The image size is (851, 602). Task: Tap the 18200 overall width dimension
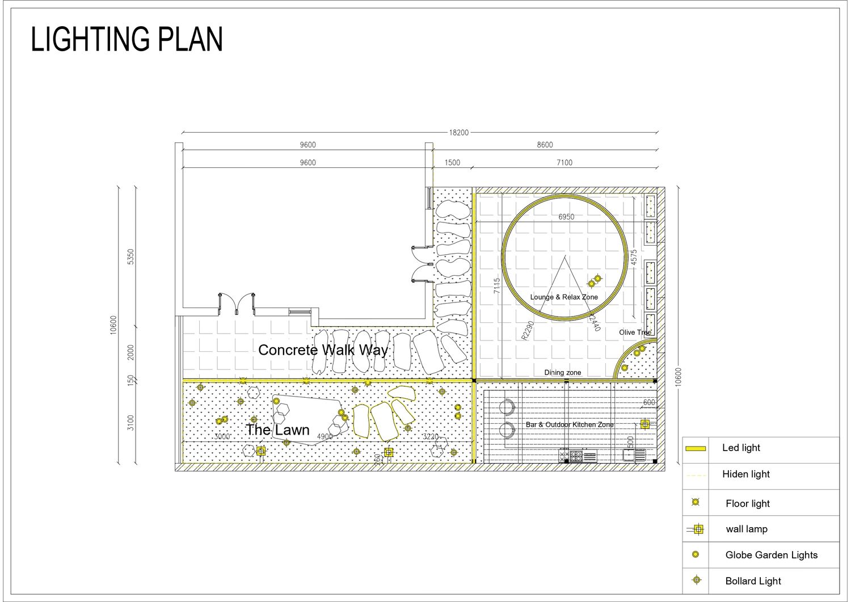click(458, 133)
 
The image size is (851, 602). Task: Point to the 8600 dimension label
click(545, 145)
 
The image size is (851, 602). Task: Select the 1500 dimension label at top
click(452, 163)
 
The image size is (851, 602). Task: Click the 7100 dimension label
click(564, 163)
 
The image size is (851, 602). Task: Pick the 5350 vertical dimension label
click(130, 257)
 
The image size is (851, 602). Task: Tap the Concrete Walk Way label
click(323, 350)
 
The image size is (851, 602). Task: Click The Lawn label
click(278, 430)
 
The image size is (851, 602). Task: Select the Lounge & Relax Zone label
click(564, 297)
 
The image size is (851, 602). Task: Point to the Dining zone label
click(563, 372)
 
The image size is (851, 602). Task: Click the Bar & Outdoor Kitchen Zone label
click(570, 424)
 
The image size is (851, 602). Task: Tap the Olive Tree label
click(635, 332)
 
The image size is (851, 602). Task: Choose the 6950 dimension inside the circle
click(566, 217)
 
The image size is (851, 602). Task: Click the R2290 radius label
click(528, 330)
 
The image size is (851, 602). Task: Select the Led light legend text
click(741, 448)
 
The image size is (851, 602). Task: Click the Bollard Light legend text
click(753, 580)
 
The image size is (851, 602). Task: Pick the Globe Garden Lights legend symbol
click(696, 554)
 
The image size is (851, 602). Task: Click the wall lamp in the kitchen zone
click(645, 424)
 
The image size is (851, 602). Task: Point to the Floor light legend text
click(748, 504)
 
